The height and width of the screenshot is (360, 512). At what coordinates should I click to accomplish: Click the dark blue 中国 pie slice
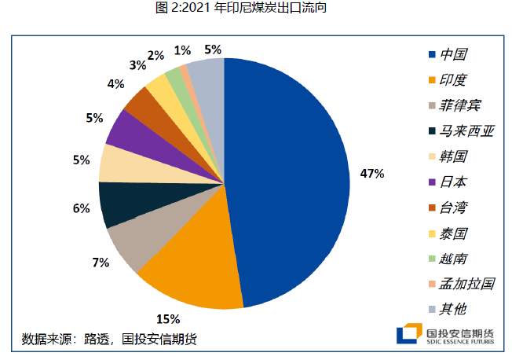pos(291,181)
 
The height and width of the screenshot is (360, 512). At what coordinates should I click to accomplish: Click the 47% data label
pos(371,173)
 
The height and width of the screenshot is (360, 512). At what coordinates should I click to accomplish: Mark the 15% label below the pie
pos(168,319)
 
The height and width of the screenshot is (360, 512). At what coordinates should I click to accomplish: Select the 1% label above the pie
pos(182,50)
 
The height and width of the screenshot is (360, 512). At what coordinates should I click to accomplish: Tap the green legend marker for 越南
pos(431,257)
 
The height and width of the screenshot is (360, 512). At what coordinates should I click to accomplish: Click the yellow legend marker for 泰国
pos(431,232)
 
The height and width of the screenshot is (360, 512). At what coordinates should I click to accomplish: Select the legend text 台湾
pos(453,207)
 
